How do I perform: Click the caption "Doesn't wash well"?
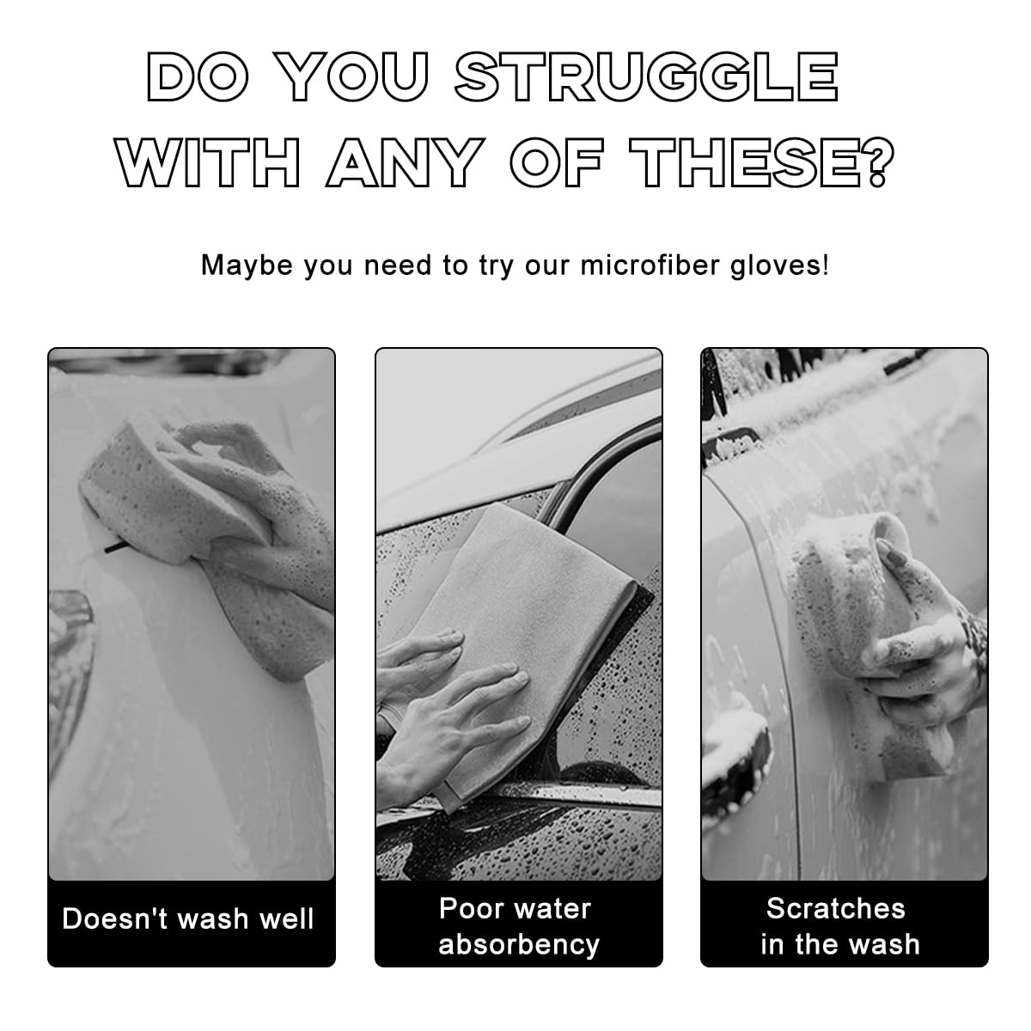click(x=189, y=919)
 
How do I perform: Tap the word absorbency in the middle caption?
click(x=518, y=945)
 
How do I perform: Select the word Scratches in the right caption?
click(x=835, y=908)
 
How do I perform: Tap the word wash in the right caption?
click(x=885, y=945)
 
